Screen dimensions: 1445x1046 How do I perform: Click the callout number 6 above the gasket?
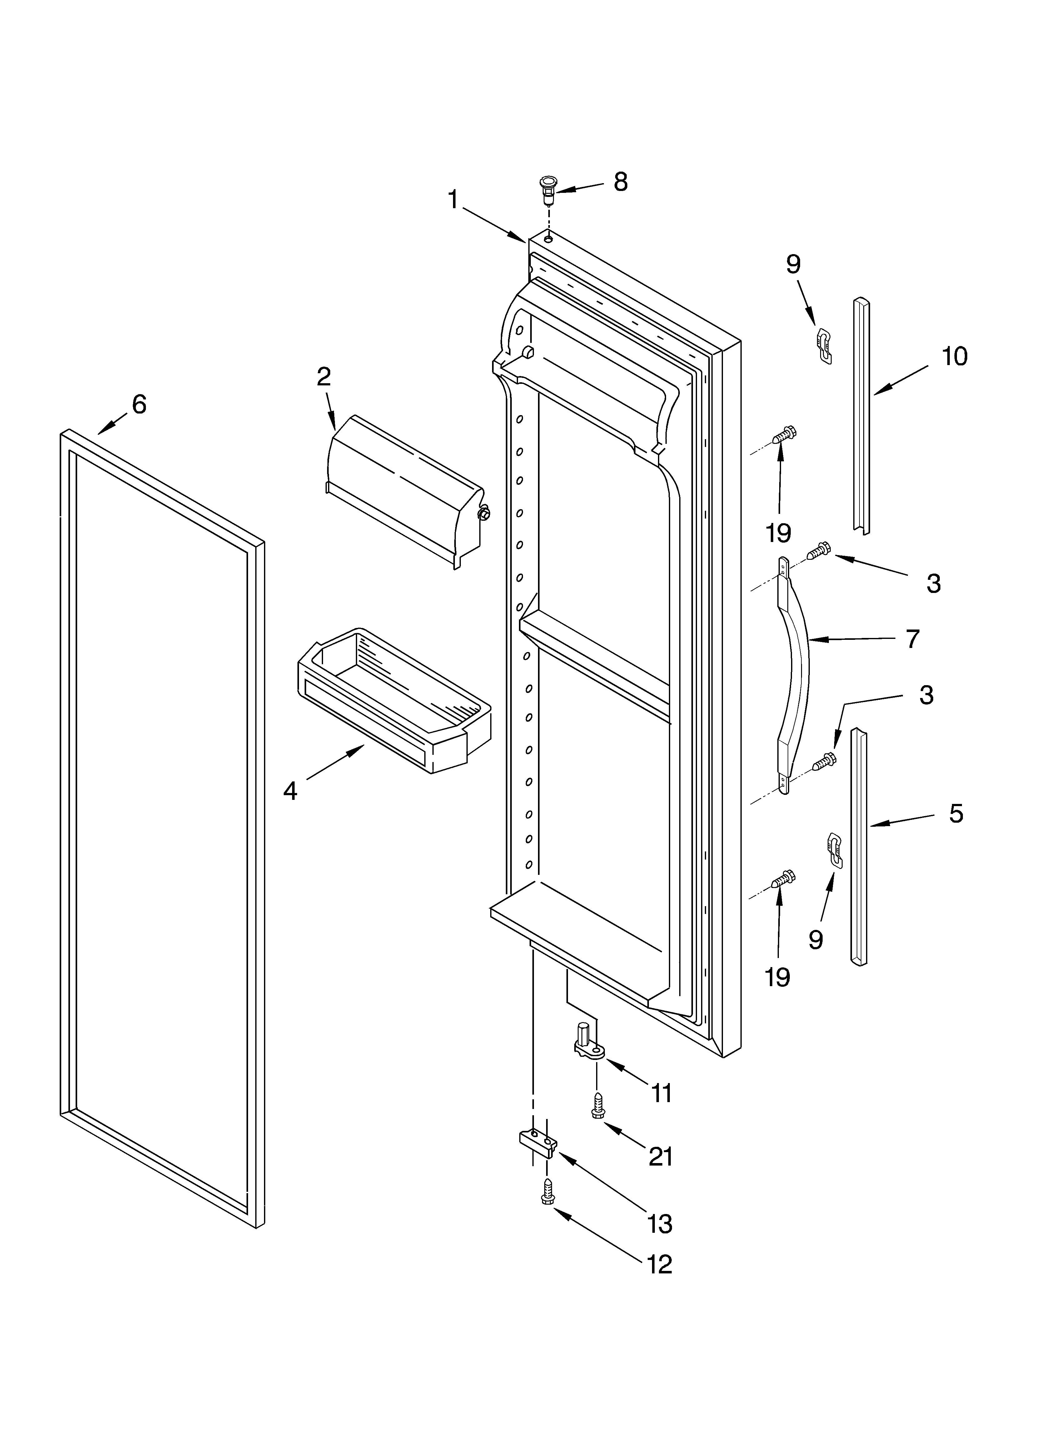click(139, 404)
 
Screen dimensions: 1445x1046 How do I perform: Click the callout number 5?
click(955, 814)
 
